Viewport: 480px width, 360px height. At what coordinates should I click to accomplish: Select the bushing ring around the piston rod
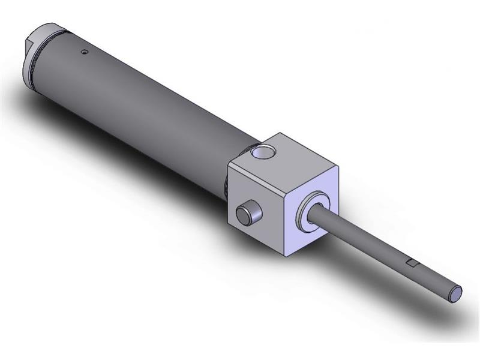(313, 210)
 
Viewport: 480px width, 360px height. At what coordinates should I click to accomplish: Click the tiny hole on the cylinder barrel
(85, 52)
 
